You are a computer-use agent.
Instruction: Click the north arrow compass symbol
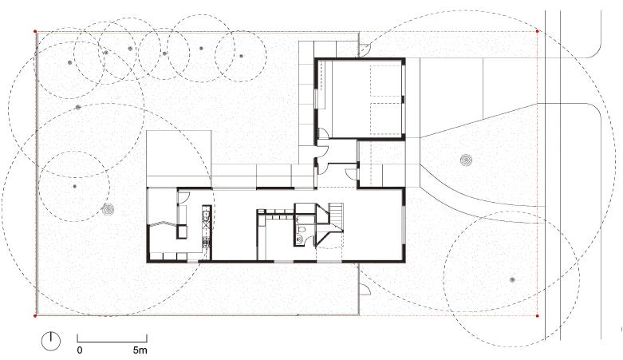click(51, 341)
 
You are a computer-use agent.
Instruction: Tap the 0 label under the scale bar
click(80, 350)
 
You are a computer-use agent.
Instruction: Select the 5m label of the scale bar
click(140, 350)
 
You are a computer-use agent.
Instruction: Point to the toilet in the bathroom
click(302, 230)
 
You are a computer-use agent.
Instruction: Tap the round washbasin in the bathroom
click(300, 239)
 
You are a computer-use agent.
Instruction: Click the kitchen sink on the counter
click(206, 216)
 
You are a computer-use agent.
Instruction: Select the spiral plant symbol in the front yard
click(466, 160)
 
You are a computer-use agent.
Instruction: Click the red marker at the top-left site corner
click(35, 31)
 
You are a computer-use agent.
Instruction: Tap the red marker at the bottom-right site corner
click(537, 316)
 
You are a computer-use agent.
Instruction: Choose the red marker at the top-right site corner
click(537, 31)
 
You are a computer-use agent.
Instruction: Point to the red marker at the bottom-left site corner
click(35, 316)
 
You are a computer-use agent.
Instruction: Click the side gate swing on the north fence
click(365, 49)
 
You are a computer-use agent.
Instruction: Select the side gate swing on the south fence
click(365, 288)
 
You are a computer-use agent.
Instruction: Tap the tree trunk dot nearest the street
click(513, 280)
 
